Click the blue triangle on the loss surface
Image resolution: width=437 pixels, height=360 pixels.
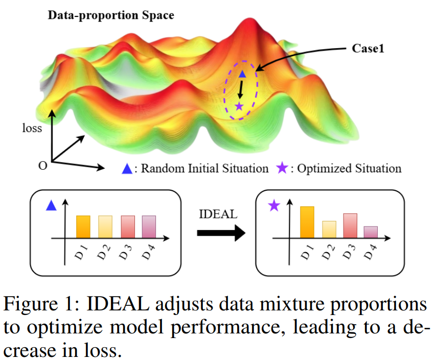(242, 74)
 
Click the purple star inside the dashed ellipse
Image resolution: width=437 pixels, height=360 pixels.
(239, 106)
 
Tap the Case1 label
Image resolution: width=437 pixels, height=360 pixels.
(368, 49)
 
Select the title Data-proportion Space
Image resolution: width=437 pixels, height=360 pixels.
(111, 15)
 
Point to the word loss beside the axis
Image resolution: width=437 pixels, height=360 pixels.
(32, 128)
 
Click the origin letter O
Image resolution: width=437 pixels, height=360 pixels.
(42, 166)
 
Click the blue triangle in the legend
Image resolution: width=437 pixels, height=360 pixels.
(127, 169)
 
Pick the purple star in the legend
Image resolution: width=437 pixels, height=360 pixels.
(282, 168)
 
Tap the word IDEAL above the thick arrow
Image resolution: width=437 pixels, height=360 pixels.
(218, 214)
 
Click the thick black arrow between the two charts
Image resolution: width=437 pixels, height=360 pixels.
(221, 233)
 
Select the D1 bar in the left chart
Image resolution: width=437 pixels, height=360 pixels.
(83, 227)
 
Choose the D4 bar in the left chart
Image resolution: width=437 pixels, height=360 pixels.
(149, 227)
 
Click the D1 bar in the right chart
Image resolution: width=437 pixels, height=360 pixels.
(307, 222)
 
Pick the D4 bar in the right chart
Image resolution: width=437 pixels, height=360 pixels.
(371, 232)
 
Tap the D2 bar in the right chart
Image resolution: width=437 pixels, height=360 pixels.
(329, 230)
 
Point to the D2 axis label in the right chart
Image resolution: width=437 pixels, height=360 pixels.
(328, 252)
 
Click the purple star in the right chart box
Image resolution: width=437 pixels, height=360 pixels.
(274, 206)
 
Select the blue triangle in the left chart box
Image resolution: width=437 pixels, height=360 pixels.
(51, 205)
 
